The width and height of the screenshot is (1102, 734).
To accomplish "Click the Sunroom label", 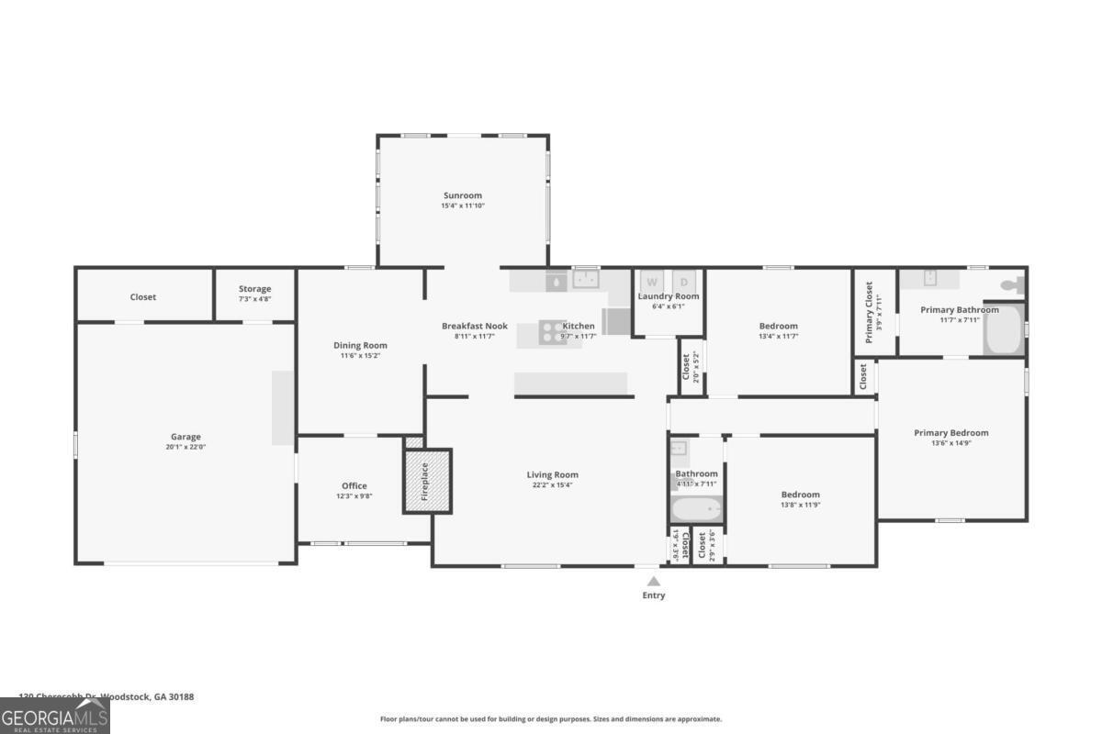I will (x=462, y=195).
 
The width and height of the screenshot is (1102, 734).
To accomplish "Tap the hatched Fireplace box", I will (x=428, y=481).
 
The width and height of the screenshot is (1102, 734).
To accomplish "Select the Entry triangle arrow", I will (x=653, y=581).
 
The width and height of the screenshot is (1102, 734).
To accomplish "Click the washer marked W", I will (x=652, y=282).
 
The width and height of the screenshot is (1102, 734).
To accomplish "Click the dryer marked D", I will (x=684, y=282).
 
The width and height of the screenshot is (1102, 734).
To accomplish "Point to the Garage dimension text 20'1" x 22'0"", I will (x=186, y=447).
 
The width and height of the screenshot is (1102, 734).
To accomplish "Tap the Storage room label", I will (x=254, y=289).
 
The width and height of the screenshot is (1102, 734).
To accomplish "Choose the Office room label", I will (x=354, y=486).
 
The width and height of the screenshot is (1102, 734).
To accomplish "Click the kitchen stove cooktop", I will (x=553, y=332).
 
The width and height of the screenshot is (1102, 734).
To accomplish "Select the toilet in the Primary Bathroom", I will (x=1010, y=285).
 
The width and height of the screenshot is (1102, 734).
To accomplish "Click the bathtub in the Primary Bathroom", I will (x=1003, y=330).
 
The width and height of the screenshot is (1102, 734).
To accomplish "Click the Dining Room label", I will (x=360, y=346).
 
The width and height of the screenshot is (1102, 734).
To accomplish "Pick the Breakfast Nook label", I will (x=474, y=326).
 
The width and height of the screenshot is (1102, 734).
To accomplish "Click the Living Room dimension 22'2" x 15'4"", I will (x=553, y=484).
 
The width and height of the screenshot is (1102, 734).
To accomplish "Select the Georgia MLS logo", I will (x=54, y=716).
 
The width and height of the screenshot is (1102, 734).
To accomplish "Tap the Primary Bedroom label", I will (x=950, y=433).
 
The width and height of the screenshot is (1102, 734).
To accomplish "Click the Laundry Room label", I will (x=669, y=296).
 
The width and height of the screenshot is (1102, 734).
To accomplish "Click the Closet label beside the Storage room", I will (x=142, y=297).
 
